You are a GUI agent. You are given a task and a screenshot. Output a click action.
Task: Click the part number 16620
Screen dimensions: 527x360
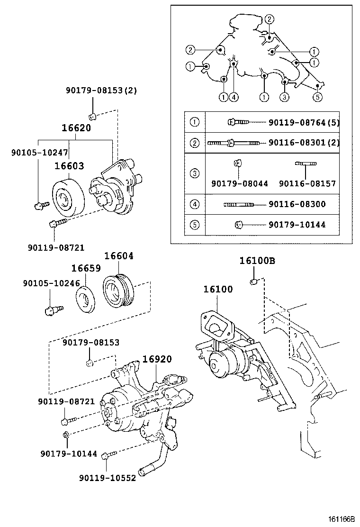pos(76,128)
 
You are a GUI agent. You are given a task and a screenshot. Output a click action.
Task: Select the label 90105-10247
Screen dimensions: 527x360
pos(40,153)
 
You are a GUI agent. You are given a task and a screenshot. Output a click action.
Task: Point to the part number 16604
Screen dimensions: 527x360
pos(119,256)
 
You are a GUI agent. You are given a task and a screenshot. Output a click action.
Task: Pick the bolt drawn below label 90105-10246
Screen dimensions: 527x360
pos(50,310)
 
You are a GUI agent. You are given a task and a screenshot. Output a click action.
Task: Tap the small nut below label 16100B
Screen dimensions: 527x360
pos(253,282)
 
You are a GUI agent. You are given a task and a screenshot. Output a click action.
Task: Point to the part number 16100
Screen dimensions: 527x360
pos(218,289)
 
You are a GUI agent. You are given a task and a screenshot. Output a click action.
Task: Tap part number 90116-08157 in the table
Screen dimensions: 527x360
pos(307,183)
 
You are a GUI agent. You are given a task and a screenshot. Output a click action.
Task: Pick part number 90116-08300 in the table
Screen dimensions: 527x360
pos(297,204)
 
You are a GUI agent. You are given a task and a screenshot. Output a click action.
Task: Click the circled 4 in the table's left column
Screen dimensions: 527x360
pos(194,205)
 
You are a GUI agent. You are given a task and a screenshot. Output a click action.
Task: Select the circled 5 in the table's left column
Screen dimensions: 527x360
pos(194,225)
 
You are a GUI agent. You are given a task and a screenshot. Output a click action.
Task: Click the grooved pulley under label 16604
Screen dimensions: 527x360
pos(118,290)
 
